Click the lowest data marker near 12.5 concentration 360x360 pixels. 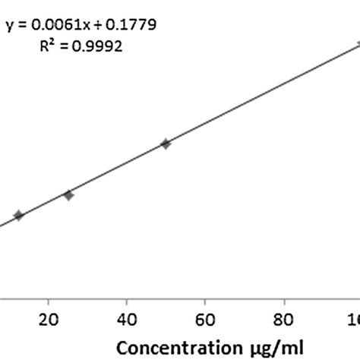(x=19, y=216)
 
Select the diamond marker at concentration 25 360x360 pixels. (x=68, y=195)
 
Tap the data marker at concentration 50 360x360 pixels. (x=166, y=144)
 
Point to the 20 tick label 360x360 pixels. (x=49, y=317)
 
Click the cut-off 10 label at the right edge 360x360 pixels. (x=355, y=317)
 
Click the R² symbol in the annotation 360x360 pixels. (x=47, y=46)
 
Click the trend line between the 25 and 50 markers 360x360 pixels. (x=118, y=168)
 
